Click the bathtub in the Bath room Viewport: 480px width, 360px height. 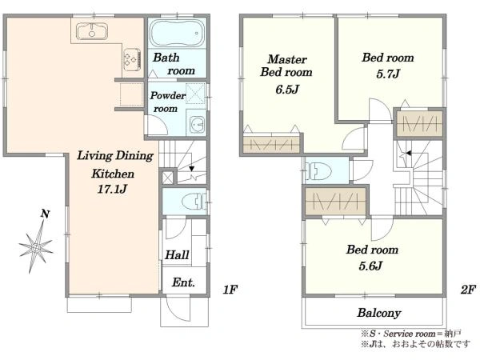178,33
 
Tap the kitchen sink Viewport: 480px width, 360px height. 92,31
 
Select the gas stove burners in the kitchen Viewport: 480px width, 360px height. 132,58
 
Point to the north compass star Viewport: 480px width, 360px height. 36,246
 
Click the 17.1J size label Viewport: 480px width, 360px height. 112,189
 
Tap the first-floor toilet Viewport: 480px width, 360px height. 194,202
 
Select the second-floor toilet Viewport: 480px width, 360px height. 319,171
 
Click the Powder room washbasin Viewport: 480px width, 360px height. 197,125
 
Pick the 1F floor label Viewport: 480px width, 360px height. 230,290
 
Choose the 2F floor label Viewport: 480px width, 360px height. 468,290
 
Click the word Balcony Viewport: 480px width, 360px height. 379,313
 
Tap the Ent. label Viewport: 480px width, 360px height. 183,282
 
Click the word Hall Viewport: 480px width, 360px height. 177,254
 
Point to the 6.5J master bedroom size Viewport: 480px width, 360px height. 287,90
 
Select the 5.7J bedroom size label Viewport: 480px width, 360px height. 388,74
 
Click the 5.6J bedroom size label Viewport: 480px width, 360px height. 370,266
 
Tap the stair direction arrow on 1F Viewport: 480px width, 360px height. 192,168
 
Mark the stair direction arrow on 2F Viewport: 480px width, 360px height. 409,154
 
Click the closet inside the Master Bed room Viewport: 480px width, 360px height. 271,144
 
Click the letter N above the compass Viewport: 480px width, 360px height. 46,214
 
